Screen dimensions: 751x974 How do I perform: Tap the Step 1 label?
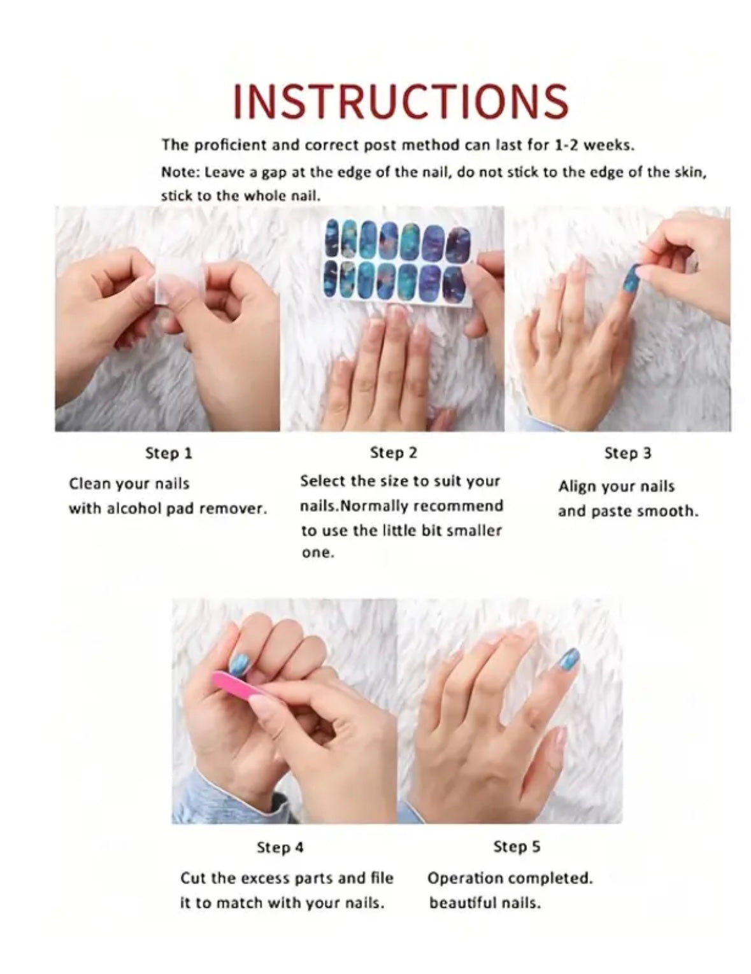(169, 454)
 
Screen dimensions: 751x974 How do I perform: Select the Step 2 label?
(393, 453)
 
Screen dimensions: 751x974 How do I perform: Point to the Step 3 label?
(627, 453)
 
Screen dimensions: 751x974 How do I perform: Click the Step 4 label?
(280, 847)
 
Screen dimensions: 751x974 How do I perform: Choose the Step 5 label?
(517, 847)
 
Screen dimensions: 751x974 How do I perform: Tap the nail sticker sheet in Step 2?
(397, 263)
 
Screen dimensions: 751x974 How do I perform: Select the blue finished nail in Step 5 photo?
(567, 667)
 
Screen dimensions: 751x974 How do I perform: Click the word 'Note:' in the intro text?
(180, 173)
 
